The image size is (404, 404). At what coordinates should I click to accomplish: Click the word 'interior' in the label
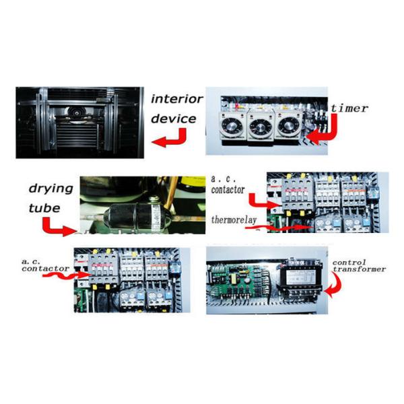pos(176,99)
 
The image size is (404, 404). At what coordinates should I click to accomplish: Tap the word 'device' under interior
pos(173,119)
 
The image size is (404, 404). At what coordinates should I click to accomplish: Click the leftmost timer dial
pos(232,125)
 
